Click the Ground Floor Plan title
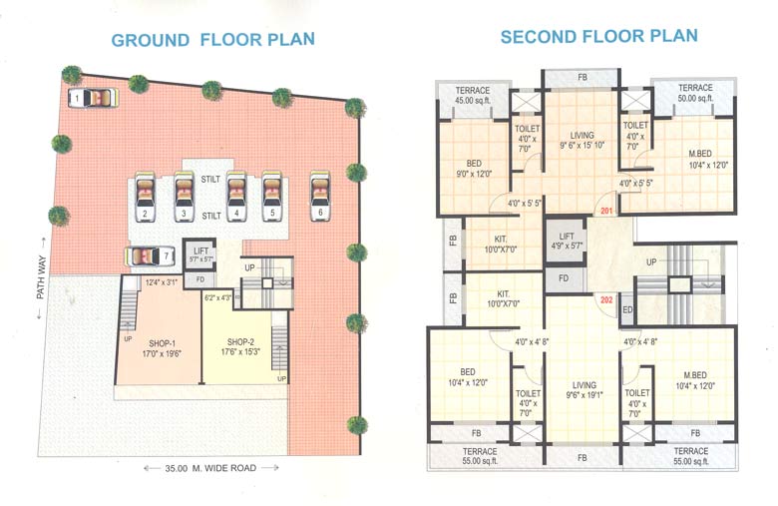(x=212, y=40)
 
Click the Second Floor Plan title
(x=598, y=37)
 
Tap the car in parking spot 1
(x=94, y=98)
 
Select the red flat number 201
(x=605, y=212)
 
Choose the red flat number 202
(x=605, y=298)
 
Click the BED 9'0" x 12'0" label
(x=475, y=166)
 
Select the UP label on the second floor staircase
(x=652, y=260)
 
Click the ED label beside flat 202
(x=627, y=310)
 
